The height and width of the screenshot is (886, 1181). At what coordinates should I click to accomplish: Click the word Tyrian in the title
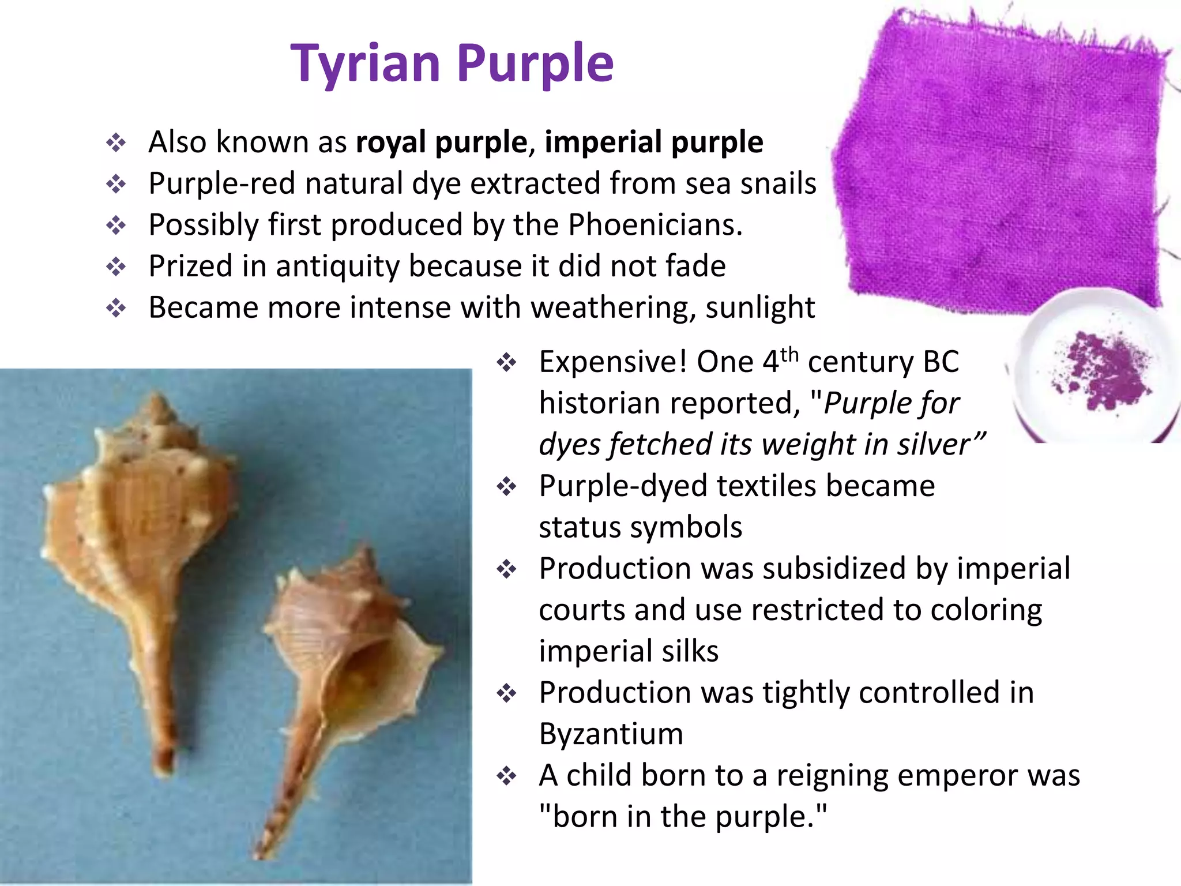(366, 63)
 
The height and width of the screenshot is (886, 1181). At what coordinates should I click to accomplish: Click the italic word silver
(933, 445)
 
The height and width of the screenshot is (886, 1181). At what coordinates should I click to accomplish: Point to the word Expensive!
(613, 362)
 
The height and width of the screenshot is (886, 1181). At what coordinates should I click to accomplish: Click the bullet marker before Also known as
(116, 142)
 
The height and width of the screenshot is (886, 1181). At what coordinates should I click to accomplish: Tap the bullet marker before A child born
(506, 776)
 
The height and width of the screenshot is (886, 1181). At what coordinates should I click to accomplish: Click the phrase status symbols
(640, 527)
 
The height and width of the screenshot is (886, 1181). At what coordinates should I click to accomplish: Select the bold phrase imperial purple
(654, 142)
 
